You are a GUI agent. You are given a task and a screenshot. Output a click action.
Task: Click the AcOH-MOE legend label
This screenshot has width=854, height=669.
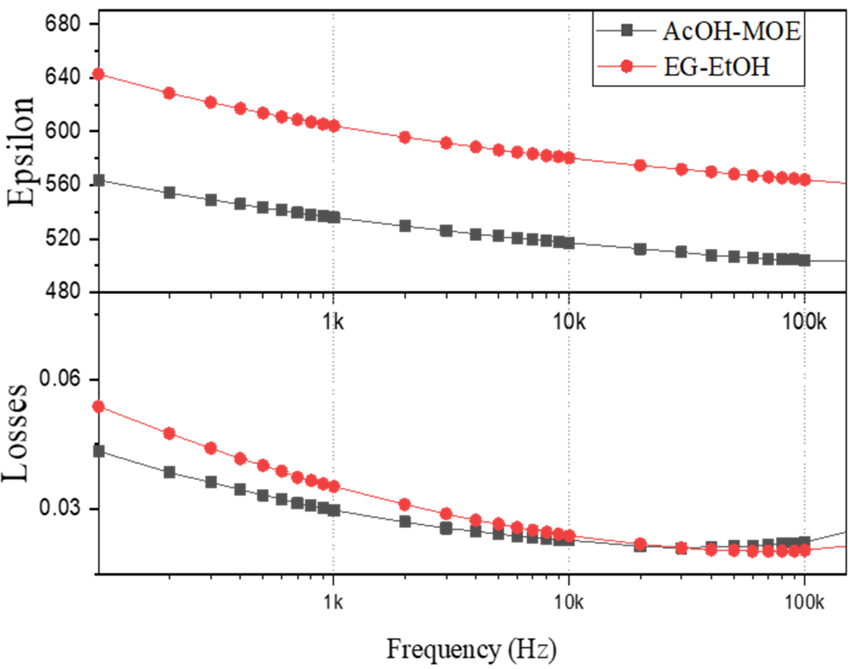(x=731, y=31)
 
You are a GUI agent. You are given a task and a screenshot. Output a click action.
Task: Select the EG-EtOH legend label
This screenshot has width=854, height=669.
(x=716, y=67)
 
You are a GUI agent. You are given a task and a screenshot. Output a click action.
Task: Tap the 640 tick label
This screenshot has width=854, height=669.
(x=63, y=77)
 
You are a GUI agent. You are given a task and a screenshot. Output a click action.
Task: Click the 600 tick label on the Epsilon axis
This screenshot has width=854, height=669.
(x=63, y=131)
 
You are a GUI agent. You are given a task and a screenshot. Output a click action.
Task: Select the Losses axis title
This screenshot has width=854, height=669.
(x=16, y=433)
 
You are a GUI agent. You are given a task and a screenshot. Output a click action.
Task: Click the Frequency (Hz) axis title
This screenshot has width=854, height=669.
(x=471, y=649)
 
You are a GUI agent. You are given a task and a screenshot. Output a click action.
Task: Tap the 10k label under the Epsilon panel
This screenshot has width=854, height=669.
(x=569, y=322)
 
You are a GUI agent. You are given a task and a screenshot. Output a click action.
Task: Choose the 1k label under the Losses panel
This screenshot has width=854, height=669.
(x=333, y=602)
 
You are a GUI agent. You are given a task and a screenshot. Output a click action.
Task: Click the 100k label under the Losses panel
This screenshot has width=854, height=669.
(x=804, y=602)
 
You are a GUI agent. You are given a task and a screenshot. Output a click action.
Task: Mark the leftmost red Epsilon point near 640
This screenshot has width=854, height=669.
(x=99, y=74)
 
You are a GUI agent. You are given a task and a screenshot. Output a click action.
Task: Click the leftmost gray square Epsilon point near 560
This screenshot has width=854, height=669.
(x=99, y=180)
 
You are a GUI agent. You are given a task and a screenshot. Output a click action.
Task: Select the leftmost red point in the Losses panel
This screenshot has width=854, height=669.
(x=99, y=407)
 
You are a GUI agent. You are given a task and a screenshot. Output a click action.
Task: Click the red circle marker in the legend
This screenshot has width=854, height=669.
(x=626, y=67)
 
